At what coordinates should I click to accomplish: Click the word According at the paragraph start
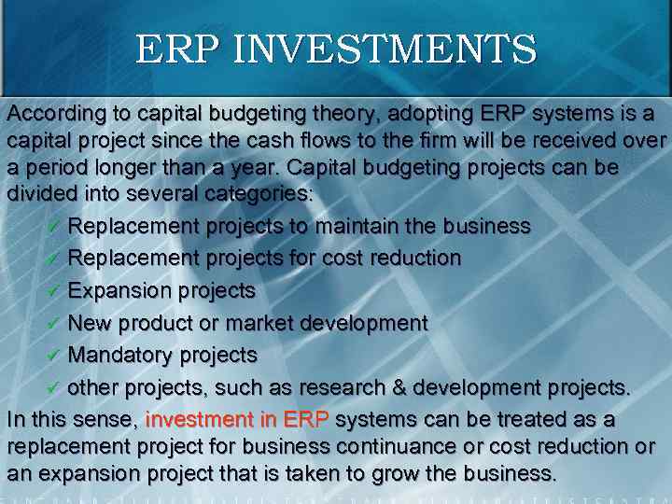coord(53,113)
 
